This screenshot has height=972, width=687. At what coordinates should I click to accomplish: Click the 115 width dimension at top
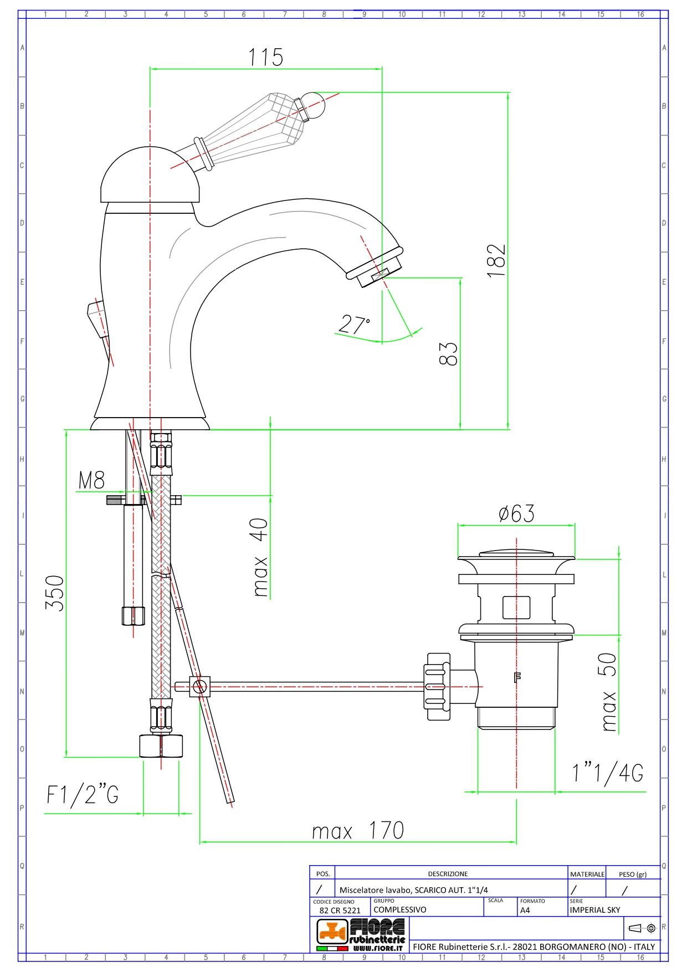(265, 57)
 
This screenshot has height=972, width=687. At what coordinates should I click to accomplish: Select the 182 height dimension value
(496, 260)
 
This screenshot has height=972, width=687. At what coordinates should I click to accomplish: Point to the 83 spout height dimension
(448, 353)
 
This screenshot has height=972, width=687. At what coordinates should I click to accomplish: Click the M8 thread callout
(91, 480)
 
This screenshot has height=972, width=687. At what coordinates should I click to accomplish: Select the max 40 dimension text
(260, 557)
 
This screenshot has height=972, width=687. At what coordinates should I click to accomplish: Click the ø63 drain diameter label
(516, 513)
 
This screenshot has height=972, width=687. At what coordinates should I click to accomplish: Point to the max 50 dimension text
(608, 692)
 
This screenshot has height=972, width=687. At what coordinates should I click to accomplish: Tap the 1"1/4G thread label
(608, 773)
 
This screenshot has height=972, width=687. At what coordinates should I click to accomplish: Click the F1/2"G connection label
(83, 795)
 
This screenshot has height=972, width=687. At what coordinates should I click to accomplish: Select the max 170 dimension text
(358, 831)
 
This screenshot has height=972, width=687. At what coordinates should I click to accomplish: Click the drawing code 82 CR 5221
(340, 911)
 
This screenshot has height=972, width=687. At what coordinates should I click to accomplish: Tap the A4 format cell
(525, 910)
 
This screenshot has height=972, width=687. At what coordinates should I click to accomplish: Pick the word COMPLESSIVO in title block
(399, 910)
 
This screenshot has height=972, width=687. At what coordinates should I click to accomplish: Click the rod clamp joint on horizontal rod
(199, 687)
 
